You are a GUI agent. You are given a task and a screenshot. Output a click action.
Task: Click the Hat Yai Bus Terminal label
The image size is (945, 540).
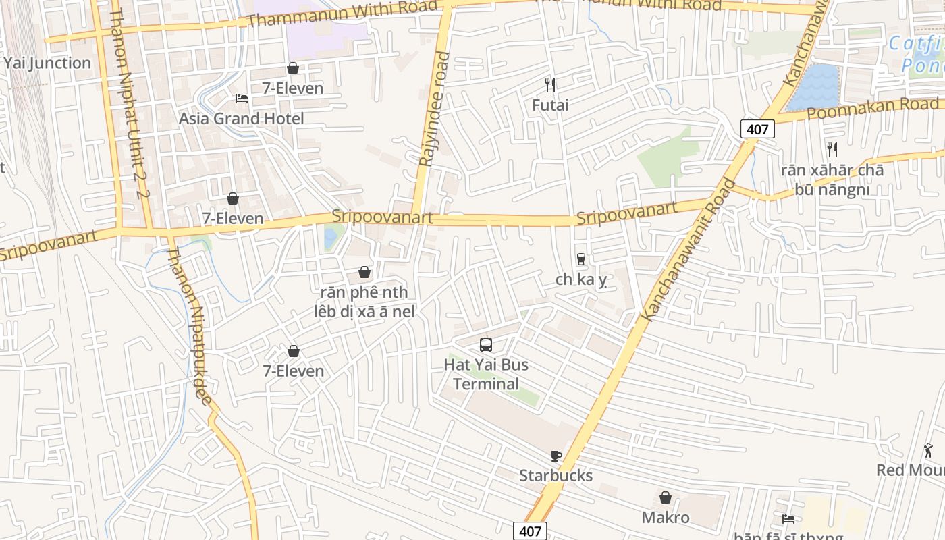(485, 375)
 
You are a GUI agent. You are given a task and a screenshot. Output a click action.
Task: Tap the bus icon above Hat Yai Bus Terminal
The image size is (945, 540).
(485, 345)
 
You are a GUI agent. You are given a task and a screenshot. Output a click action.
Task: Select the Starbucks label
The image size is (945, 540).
(556, 476)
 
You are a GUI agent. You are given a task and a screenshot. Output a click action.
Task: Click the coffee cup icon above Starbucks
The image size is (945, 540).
(556, 456)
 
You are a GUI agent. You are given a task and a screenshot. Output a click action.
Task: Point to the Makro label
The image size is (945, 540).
(666, 518)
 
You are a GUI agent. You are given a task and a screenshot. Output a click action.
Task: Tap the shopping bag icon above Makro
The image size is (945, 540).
(666, 498)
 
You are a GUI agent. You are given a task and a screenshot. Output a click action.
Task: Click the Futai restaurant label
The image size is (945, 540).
(550, 105)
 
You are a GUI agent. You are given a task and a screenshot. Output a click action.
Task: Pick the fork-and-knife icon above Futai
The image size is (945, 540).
(550, 85)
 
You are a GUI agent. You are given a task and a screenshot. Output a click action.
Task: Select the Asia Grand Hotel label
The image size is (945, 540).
(241, 119)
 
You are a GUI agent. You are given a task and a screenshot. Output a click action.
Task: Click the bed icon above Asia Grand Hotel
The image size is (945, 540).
(241, 99)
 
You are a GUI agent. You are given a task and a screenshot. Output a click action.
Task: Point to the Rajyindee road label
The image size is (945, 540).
(434, 109)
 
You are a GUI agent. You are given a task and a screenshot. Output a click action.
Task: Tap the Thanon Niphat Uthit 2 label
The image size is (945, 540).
(128, 101)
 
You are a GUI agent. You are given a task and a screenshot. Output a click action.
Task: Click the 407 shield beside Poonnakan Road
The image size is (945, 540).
(757, 129)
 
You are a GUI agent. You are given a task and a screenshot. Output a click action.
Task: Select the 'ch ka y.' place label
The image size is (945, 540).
(581, 280)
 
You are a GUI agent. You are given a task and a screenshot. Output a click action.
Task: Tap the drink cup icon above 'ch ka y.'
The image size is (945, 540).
(580, 259)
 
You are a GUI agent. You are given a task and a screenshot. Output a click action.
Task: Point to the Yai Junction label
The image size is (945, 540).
(47, 63)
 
